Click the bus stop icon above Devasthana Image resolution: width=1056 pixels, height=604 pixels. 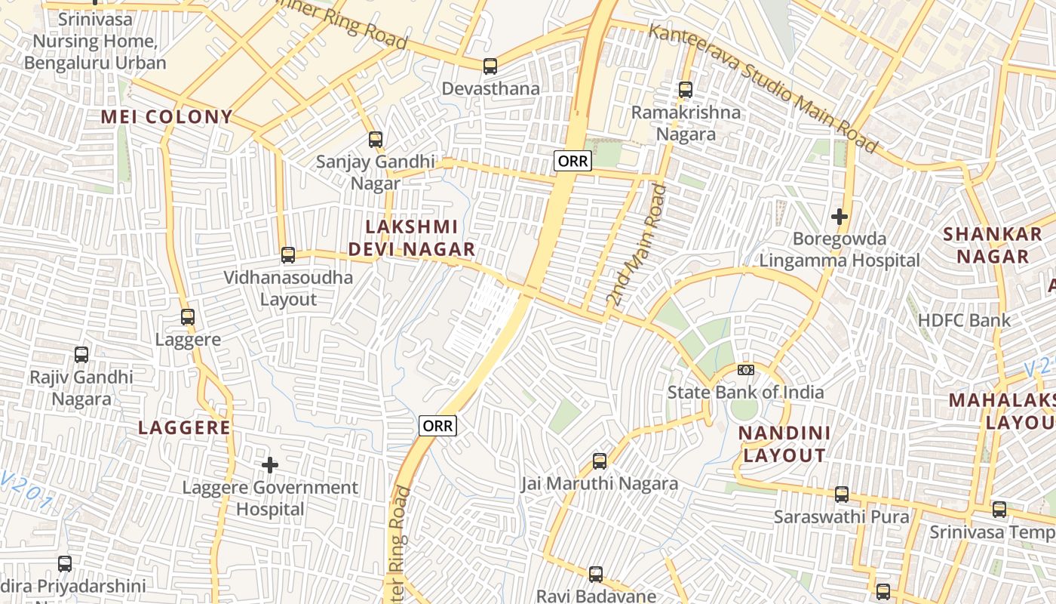[x=490, y=66]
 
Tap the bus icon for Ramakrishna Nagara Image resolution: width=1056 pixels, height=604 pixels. [x=686, y=90]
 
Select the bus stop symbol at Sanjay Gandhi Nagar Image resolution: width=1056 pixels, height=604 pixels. [x=376, y=140]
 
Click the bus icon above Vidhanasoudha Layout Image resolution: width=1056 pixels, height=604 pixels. [x=288, y=255]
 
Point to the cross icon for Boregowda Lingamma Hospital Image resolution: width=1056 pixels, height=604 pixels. [x=839, y=217]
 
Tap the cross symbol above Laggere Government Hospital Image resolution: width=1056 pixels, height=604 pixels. [x=269, y=465]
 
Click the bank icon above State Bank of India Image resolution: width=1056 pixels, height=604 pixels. [x=746, y=370]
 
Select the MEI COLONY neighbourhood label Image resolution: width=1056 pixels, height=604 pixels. [x=167, y=117]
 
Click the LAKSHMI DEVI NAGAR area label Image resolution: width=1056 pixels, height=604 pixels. [x=412, y=238]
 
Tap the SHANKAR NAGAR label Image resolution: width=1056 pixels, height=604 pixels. [x=993, y=245]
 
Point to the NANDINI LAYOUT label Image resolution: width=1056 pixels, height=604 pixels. [x=784, y=444]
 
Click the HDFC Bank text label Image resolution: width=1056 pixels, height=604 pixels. [x=964, y=320]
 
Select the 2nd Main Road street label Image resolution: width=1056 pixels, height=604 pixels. [x=636, y=245]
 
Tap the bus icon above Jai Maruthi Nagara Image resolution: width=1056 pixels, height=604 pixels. [x=600, y=461]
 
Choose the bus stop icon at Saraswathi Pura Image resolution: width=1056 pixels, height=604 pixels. [x=842, y=495]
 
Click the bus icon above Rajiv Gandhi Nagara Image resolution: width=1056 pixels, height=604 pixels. [x=81, y=354]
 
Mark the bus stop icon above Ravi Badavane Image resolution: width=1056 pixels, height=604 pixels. [x=596, y=575]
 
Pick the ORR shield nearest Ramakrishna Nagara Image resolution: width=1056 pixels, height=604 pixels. [x=573, y=161]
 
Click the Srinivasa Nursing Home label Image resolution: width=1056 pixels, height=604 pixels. [x=95, y=41]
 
